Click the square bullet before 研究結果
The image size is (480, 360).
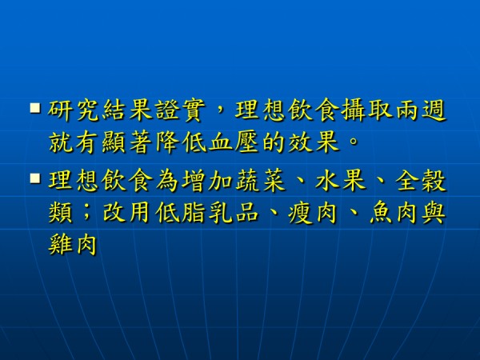[35, 108]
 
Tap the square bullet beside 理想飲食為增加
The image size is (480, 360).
[35, 178]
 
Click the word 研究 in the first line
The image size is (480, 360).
[74, 110]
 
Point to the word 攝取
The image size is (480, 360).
[366, 110]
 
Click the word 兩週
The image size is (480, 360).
[420, 110]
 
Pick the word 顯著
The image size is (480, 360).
[126, 142]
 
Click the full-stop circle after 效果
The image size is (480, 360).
[353, 141]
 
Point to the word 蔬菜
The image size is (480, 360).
[260, 181]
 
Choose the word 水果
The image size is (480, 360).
[340, 181]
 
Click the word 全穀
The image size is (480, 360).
[420, 181]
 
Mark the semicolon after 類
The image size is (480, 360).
[86, 213]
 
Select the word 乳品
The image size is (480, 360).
[234, 213]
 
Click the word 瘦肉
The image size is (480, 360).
[313, 213]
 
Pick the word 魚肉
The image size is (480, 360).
[393, 213]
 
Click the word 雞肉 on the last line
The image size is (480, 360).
[74, 245]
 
